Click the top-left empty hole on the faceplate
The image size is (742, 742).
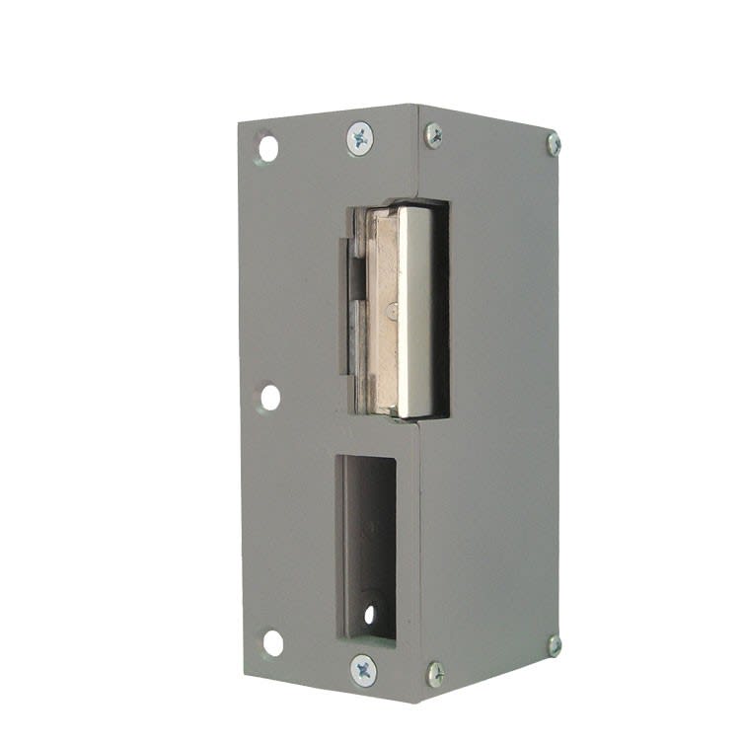267,148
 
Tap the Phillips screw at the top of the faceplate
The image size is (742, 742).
360,138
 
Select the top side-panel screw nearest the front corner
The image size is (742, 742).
433,135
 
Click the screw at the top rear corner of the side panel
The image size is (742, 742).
554,143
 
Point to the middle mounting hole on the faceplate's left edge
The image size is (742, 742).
269,397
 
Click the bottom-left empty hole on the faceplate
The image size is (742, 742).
272,642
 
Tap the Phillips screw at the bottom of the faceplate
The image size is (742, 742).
363,670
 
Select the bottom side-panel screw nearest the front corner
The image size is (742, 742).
435,674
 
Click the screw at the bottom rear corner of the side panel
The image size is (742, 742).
555,645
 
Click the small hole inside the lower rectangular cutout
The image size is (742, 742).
369,614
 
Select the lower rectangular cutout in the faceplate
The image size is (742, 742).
369,543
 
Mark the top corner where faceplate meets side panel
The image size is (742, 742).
418,106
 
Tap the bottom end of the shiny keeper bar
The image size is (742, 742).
414,410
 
